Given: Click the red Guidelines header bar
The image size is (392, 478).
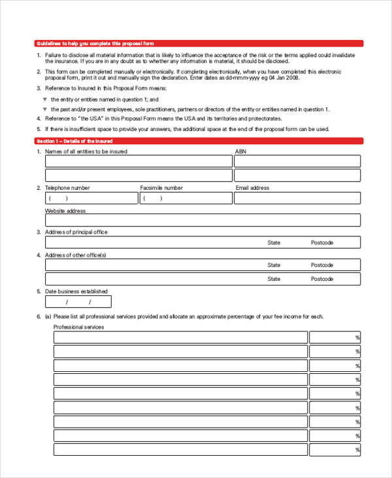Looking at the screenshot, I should pyautogui.click(x=199, y=43).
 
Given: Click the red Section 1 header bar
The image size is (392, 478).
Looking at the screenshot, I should pyautogui.click(x=199, y=141).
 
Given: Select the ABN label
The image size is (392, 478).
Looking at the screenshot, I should pyautogui.click(x=240, y=151).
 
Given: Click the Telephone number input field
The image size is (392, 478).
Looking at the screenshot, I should pyautogui.click(x=91, y=198).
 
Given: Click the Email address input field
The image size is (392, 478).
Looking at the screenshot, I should pyautogui.click(x=297, y=198).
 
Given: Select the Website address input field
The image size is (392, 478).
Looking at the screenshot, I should pyautogui.click(x=203, y=221).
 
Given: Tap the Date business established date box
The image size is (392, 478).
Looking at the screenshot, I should pyautogui.click(x=78, y=302).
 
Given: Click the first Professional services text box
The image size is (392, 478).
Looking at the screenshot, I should pyautogui.click(x=180, y=337).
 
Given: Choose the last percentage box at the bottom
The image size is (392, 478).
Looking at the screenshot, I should pyautogui.click(x=335, y=450).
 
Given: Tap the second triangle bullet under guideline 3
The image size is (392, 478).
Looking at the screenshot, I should pyautogui.click(x=45, y=109).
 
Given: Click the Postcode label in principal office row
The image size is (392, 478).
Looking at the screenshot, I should pyautogui.click(x=322, y=243).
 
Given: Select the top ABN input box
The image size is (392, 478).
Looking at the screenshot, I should pyautogui.click(x=297, y=161).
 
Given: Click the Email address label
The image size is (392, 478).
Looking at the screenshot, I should pyautogui.click(x=252, y=188).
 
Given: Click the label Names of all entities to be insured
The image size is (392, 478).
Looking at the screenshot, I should pyautogui.click(x=86, y=151).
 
